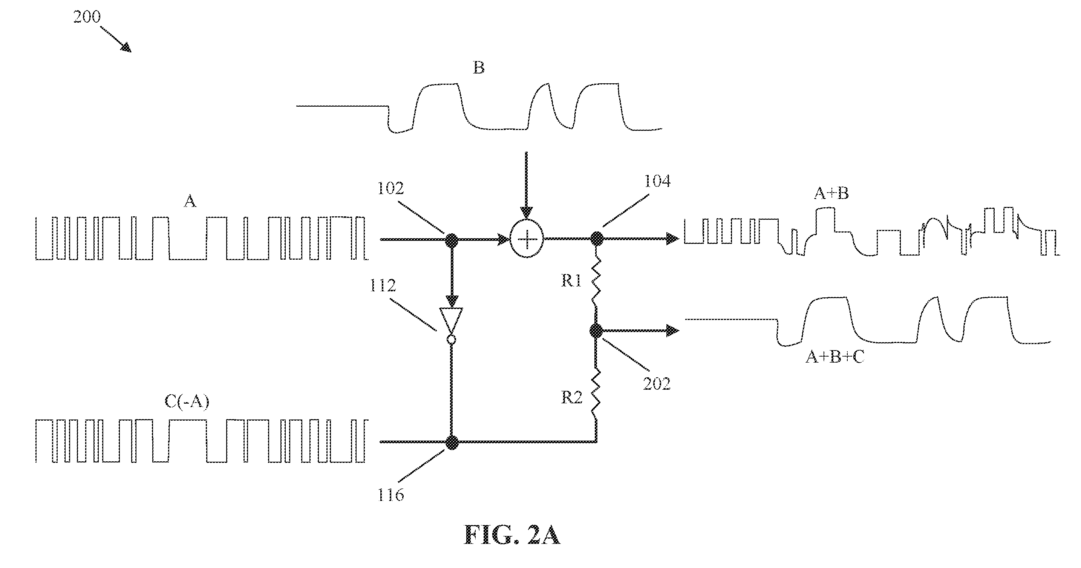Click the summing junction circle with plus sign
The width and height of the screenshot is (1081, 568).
tap(526, 239)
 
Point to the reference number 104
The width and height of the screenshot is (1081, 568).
tap(657, 181)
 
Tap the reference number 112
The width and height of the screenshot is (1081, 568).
tap(383, 286)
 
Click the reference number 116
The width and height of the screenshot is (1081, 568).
tap(391, 495)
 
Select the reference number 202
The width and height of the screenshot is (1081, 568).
tap(657, 383)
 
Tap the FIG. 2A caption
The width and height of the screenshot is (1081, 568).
tap(512, 535)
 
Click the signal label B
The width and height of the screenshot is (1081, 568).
tap(479, 67)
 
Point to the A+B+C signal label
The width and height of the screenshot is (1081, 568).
tap(835, 357)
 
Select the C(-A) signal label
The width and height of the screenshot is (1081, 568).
tap(187, 401)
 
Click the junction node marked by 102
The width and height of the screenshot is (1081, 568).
tap(452, 240)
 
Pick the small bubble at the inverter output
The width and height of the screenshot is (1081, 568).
tap(451, 339)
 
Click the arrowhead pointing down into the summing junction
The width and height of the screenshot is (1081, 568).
tap(526, 213)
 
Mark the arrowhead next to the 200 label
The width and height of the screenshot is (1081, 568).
tap(126, 48)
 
